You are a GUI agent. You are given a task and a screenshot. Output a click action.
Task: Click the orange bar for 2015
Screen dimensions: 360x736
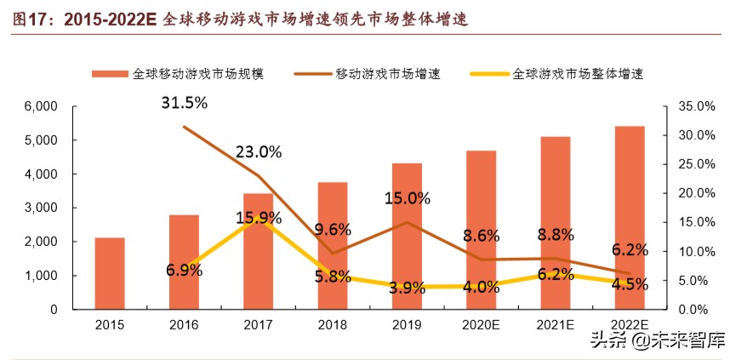click(x=110, y=273)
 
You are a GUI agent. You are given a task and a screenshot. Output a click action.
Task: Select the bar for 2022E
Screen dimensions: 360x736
click(x=630, y=217)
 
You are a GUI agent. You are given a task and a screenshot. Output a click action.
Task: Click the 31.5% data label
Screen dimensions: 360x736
click(x=185, y=103)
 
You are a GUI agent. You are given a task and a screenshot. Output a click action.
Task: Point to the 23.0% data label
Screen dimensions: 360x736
click(x=259, y=152)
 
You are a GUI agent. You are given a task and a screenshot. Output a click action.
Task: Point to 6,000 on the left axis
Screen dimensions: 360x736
click(x=40, y=106)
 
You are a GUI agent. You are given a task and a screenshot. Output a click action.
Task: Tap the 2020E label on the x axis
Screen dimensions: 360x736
click(x=481, y=325)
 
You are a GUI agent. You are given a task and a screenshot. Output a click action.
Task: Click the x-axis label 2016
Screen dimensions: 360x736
click(x=185, y=325)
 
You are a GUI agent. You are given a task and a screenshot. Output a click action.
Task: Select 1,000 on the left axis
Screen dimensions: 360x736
click(x=40, y=276)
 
